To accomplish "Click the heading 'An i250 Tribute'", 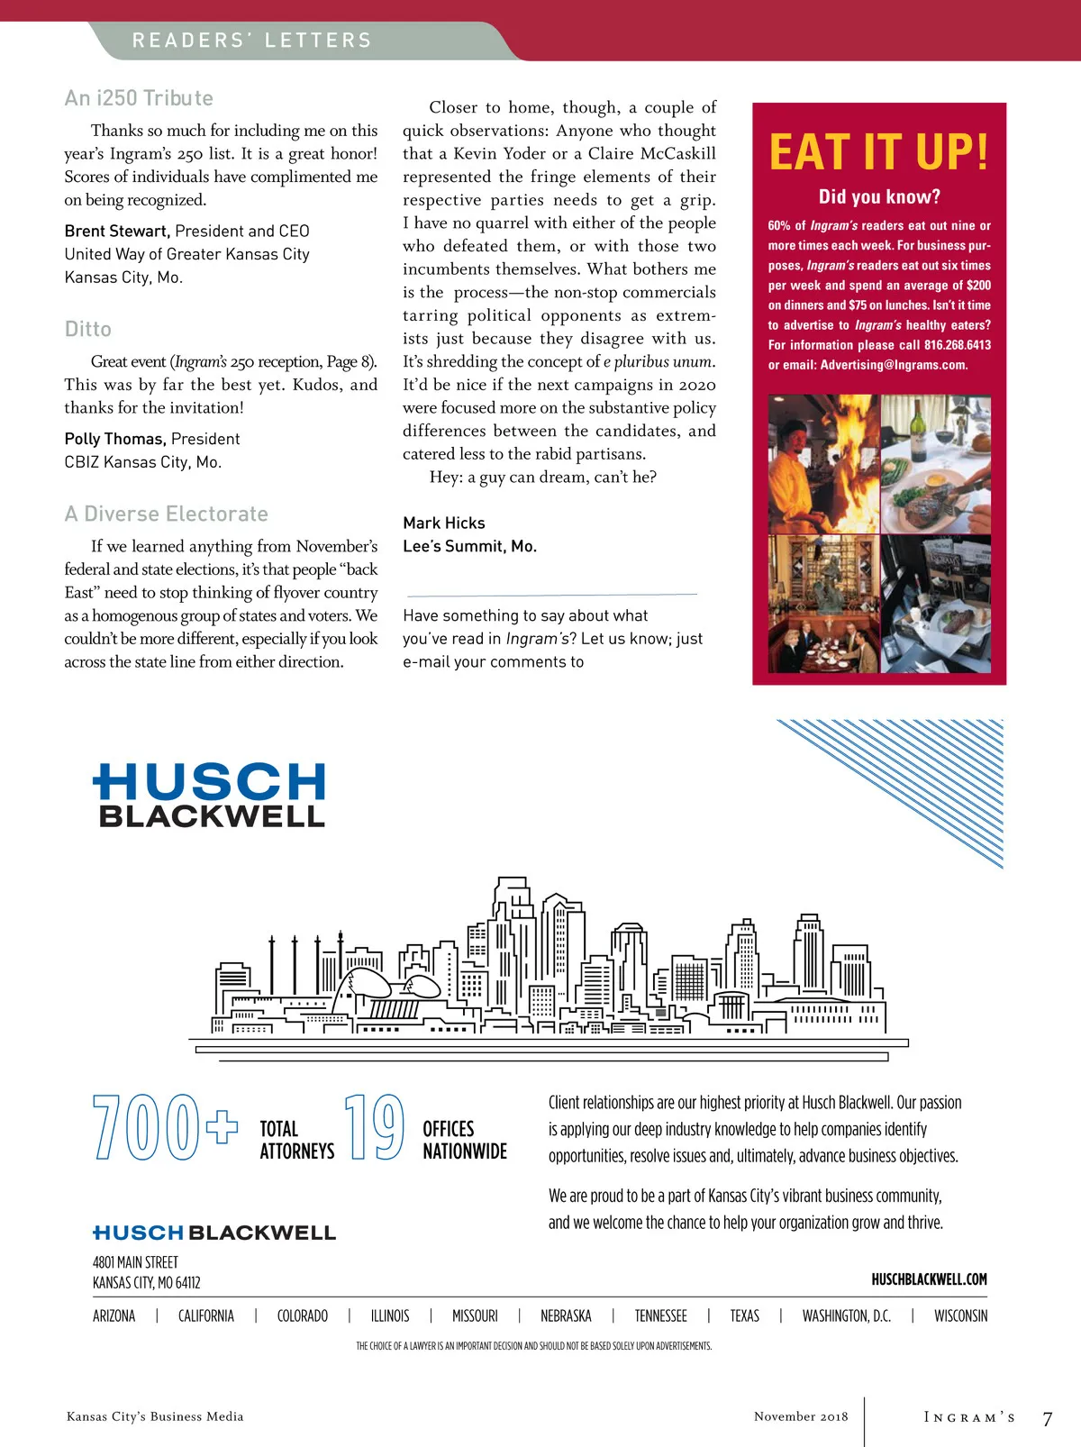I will tap(139, 98).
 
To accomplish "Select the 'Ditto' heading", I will tap(88, 329).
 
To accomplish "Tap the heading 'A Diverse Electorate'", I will tap(167, 514).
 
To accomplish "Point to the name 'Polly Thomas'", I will tap(114, 439).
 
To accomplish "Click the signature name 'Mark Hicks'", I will tap(444, 523).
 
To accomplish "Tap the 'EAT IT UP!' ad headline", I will tap(878, 151).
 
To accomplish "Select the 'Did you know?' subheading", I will tap(879, 196).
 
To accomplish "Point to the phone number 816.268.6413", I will tap(957, 345).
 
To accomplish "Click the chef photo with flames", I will tap(822, 463).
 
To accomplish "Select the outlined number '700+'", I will tap(165, 1126).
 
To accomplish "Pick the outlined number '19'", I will tap(374, 1126).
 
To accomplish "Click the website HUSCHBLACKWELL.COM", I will tap(929, 1279).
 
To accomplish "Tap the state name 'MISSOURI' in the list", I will tap(475, 1316).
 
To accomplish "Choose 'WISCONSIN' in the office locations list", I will tap(960, 1316).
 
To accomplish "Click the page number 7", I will tap(1047, 1419).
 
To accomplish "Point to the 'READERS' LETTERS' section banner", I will tap(252, 41).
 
